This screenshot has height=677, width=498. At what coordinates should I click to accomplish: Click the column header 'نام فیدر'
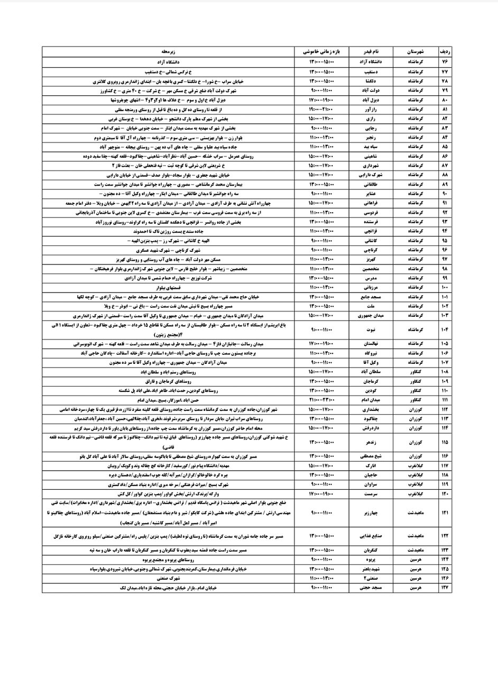pos(375,52)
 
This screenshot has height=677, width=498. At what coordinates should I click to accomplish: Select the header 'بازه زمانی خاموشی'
pos(322,52)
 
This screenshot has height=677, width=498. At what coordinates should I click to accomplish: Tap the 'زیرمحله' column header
pos(168,52)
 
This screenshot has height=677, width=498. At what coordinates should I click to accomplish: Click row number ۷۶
pos(445,62)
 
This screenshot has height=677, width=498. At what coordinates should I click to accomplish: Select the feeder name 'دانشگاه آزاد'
pos(375,62)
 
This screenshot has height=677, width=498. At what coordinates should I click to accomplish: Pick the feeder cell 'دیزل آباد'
pos(375,100)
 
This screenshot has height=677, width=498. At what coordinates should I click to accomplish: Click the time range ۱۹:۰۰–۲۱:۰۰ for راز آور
pos(322,109)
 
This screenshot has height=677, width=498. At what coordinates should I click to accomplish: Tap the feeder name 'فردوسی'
pos(375,212)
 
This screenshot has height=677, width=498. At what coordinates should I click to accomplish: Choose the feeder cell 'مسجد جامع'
pos(375,297)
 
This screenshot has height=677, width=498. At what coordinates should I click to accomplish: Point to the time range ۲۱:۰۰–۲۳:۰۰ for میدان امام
pos(322,399)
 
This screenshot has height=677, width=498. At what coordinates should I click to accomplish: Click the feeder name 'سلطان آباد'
pos(375,372)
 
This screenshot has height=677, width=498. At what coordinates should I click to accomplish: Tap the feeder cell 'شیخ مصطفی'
pos(375,456)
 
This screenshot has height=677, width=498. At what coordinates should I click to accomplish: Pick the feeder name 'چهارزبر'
pos(375,513)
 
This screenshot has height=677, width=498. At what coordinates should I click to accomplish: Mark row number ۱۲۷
pos(445,588)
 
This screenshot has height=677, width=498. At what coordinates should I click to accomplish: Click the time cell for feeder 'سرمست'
pos(322,493)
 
